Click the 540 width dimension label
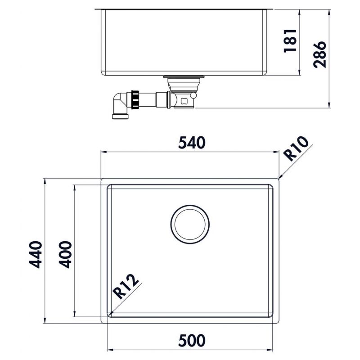(192, 143)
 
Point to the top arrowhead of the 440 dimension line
(45, 180)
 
